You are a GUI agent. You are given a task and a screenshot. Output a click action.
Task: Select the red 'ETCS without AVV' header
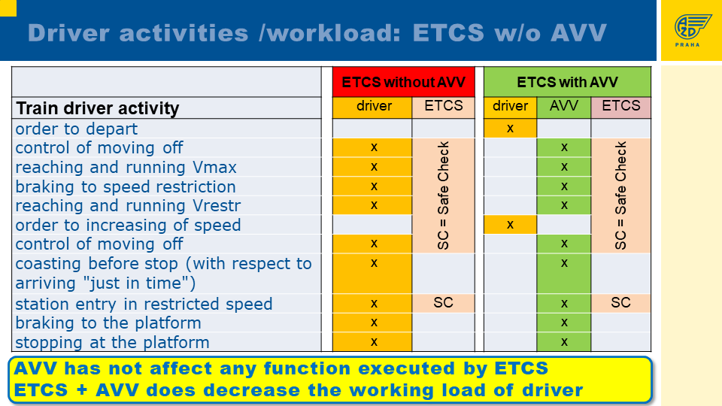click(x=403, y=82)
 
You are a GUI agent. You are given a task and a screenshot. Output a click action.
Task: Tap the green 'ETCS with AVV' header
click(x=567, y=82)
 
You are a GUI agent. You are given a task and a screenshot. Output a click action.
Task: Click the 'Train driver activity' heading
click(x=98, y=108)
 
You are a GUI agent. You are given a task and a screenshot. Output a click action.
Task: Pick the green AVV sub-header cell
click(x=563, y=107)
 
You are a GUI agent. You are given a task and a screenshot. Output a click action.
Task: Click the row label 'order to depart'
click(x=77, y=129)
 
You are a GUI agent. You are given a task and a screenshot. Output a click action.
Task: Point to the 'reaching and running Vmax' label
click(x=126, y=167)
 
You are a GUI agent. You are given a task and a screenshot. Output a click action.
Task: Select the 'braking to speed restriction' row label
click(x=126, y=187)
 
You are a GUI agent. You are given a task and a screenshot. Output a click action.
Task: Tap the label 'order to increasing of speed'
click(x=128, y=225)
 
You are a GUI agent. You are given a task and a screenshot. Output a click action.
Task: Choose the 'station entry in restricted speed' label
click(x=144, y=304)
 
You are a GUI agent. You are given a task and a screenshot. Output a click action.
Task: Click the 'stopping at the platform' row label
click(x=112, y=343)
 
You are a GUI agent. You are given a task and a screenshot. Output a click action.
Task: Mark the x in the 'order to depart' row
click(x=510, y=129)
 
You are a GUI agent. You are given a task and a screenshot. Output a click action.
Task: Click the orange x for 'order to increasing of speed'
click(x=510, y=225)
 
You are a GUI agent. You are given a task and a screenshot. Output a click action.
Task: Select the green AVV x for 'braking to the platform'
click(x=564, y=323)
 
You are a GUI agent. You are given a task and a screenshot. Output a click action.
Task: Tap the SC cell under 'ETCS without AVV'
click(x=444, y=302)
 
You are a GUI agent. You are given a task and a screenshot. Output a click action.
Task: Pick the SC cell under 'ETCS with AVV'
click(x=620, y=302)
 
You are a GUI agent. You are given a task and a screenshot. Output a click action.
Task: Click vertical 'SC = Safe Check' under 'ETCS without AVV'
click(x=443, y=195)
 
